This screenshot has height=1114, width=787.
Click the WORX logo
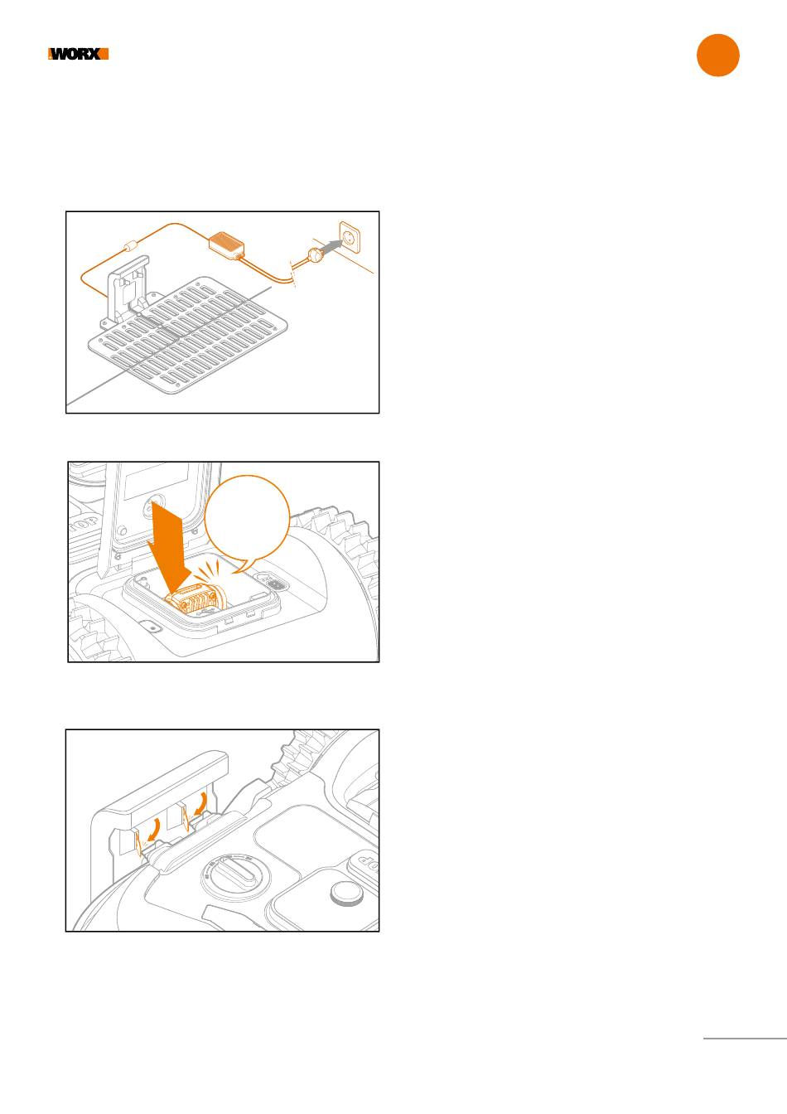click(78, 54)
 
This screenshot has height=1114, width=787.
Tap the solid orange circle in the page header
click(717, 56)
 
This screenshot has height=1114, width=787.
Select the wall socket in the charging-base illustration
click(350, 238)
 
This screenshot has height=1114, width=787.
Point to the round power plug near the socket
click(315, 255)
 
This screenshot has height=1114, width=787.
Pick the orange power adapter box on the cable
click(227, 245)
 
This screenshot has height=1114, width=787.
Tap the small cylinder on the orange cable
click(130, 246)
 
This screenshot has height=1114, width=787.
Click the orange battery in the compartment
click(196, 600)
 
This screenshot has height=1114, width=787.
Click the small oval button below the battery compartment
click(151, 627)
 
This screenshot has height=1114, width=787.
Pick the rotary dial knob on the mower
click(235, 874)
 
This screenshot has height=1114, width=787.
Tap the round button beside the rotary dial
click(347, 894)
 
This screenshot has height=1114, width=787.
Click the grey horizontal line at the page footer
click(745, 1038)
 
